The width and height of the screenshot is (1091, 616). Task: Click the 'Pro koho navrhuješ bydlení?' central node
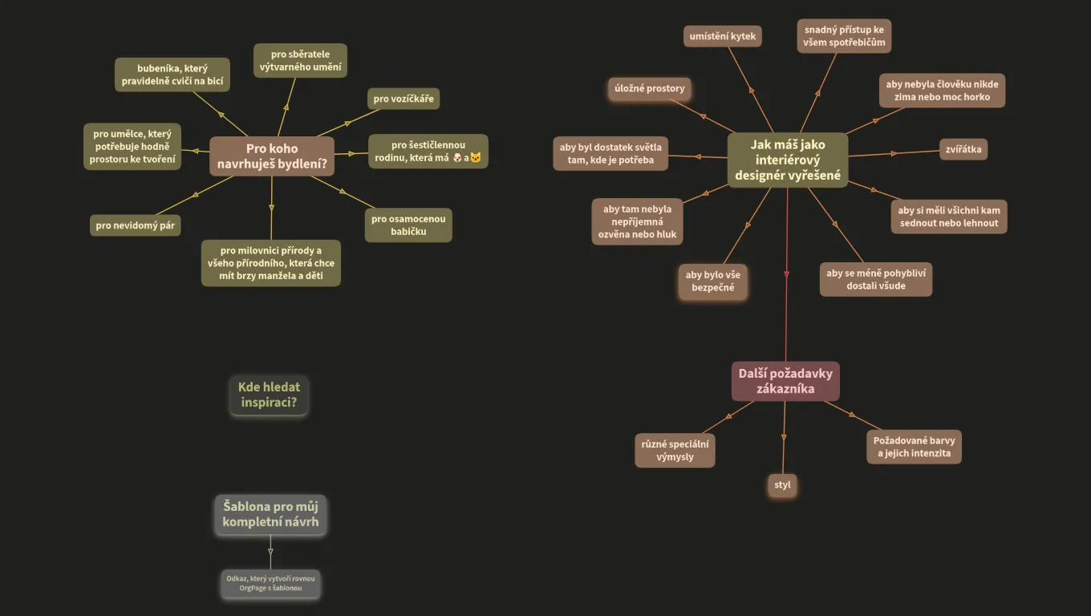click(x=272, y=156)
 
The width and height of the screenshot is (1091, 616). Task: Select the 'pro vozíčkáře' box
click(x=404, y=99)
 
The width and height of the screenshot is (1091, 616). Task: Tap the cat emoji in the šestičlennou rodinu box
click(x=476, y=157)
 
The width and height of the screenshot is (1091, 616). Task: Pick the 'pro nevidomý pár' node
click(x=135, y=225)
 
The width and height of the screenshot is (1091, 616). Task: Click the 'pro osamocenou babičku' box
click(x=408, y=225)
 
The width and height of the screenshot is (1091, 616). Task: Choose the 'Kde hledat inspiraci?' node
click(x=269, y=395)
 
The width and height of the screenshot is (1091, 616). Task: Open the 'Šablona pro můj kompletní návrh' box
click(x=270, y=514)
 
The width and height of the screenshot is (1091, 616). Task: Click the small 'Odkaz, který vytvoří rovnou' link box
click(x=270, y=583)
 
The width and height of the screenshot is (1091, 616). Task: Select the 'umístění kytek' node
click(x=722, y=36)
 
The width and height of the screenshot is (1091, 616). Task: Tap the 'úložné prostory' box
click(x=649, y=88)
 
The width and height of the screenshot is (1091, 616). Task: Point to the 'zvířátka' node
click(x=963, y=149)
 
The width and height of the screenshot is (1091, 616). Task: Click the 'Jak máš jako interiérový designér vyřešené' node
click(x=788, y=160)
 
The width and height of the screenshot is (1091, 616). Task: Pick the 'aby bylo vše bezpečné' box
click(x=712, y=281)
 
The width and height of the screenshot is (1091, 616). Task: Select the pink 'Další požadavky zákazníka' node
click(x=785, y=381)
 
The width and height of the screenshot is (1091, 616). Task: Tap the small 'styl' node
click(x=782, y=485)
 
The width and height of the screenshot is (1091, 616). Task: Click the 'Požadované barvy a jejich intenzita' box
click(x=914, y=447)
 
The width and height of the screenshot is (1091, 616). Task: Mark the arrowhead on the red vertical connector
click(x=787, y=274)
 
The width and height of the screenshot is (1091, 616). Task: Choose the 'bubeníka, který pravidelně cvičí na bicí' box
click(x=172, y=75)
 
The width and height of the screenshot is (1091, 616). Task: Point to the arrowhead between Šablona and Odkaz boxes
click(x=270, y=552)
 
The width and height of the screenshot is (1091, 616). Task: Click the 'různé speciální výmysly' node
click(x=675, y=451)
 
